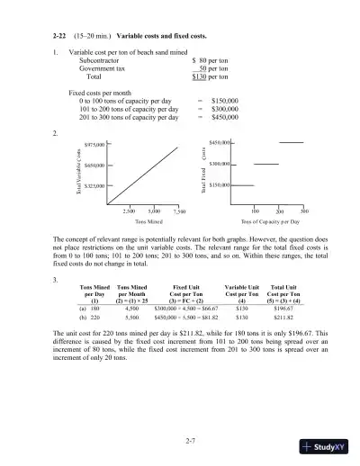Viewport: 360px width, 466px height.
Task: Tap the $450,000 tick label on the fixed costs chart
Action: click(221, 142)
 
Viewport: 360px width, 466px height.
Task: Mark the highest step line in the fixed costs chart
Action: click(292, 142)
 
